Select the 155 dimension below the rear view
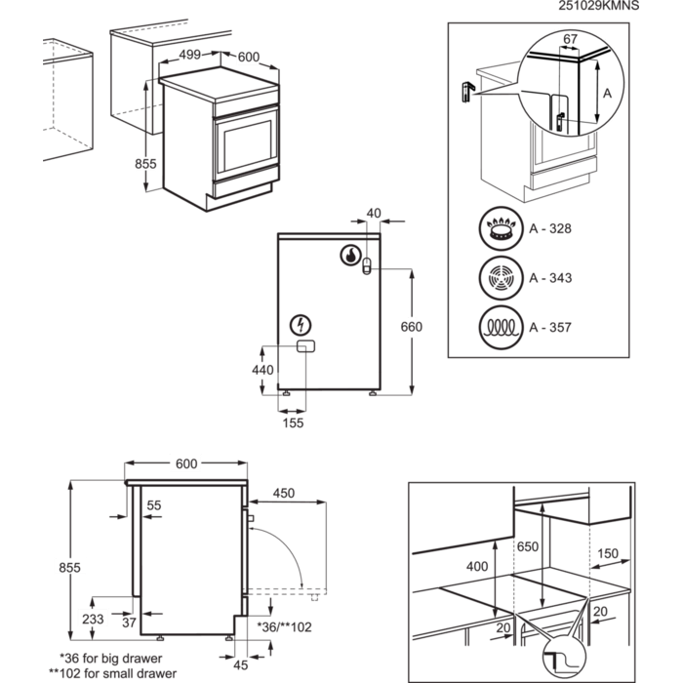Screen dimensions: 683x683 [x=294, y=422]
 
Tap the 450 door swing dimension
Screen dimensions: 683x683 [x=283, y=493]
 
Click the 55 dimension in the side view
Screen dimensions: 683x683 [x=154, y=504]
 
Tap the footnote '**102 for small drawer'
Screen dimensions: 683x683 [x=116, y=673]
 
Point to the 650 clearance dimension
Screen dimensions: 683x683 [x=528, y=546]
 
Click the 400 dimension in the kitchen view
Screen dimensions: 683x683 [x=477, y=566]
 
